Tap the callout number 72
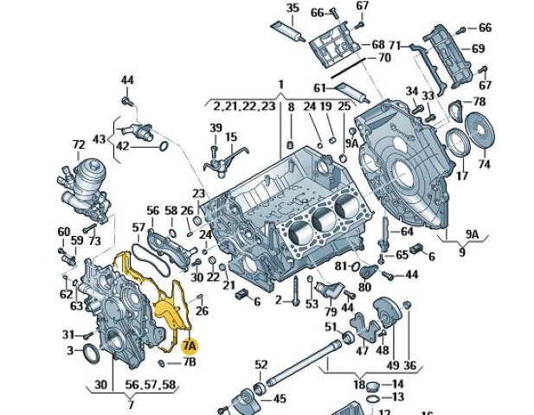pyautogui.click(x=79, y=144)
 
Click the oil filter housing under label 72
pyautogui.click(x=85, y=182)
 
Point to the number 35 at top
pyautogui.click(x=293, y=9)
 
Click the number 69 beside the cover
pyautogui.click(x=478, y=49)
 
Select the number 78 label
pyautogui.click(x=479, y=102)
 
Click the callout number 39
pyautogui.click(x=216, y=128)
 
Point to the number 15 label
pyautogui.click(x=231, y=137)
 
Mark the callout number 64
pyautogui.click(x=407, y=231)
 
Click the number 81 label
pyautogui.click(x=340, y=265)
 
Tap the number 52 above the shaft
pyautogui.click(x=261, y=364)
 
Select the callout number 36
pyautogui.click(x=409, y=366)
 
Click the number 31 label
pyautogui.click(x=67, y=335)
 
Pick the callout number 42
pyautogui.click(x=123, y=146)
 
